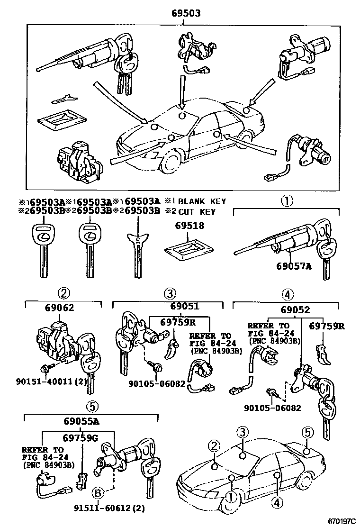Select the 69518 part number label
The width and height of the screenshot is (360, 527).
pos(189,226)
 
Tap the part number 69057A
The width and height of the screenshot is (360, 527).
pos(294,266)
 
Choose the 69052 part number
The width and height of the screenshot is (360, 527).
pos(295,310)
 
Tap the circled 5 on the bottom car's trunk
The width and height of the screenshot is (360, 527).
pos(307,432)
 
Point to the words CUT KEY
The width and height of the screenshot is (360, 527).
pos(197,212)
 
